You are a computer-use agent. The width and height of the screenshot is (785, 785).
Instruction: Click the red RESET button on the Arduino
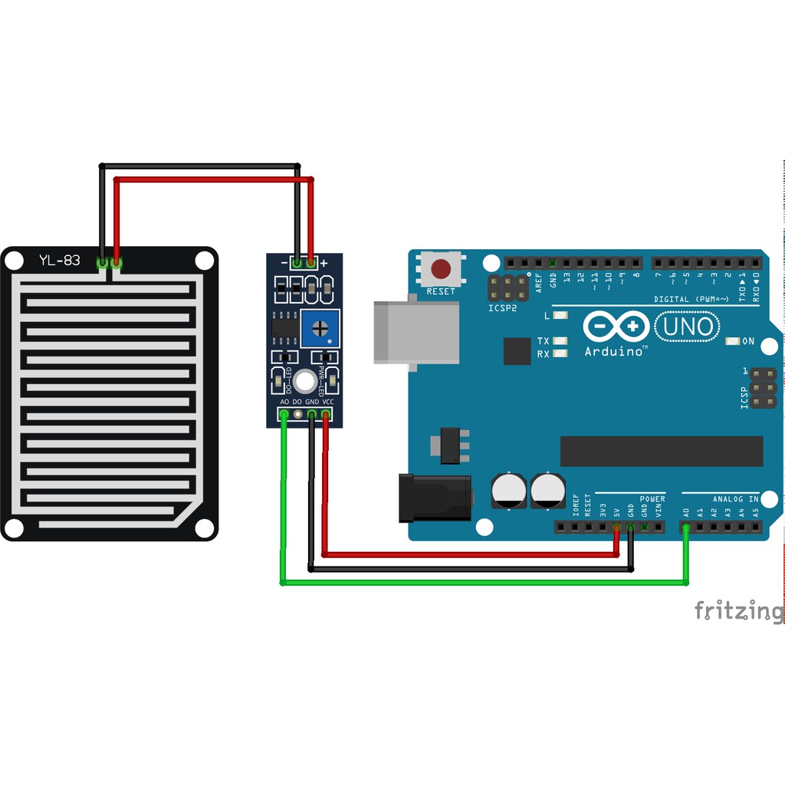441,270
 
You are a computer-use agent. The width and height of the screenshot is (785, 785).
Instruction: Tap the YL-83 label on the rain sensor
59,261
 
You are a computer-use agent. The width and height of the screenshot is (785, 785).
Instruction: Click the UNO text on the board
688,327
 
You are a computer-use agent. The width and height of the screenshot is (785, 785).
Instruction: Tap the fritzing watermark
739,611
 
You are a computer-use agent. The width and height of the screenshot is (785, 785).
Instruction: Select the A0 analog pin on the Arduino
686,527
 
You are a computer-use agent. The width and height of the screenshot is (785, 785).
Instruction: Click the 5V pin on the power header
616,527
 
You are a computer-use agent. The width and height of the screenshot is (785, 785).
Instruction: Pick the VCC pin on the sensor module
326,415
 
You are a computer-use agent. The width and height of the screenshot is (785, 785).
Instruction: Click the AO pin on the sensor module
284,415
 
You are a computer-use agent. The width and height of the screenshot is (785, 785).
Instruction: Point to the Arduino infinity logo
615,327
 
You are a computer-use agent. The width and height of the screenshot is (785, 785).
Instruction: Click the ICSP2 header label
503,308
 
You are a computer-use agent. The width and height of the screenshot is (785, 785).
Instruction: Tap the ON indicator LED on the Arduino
731,341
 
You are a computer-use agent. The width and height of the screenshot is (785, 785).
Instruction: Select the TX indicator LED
560,341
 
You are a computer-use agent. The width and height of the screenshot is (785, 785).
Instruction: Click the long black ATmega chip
661,451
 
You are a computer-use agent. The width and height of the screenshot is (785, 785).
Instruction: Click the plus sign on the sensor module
324,263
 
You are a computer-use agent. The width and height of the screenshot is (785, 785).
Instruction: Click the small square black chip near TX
517,351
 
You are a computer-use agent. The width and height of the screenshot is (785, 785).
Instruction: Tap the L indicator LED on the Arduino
560,315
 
